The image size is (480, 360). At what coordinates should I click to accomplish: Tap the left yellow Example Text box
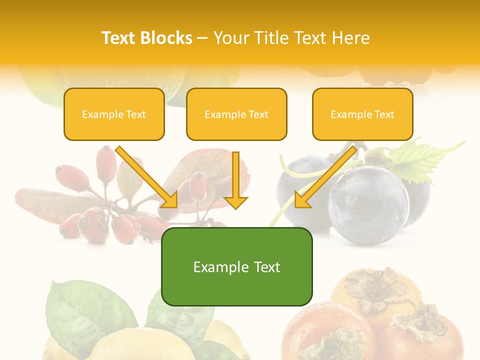click(114, 114)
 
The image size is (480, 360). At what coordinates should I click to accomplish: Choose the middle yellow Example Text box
click(236, 114)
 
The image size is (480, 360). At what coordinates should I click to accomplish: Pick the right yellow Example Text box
click(362, 114)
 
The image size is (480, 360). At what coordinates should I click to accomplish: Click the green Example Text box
click(236, 267)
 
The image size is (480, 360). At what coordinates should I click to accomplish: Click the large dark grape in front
click(369, 204)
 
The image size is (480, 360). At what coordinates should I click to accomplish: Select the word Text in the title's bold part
click(119, 38)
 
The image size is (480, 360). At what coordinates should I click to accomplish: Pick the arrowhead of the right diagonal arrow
click(303, 199)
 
